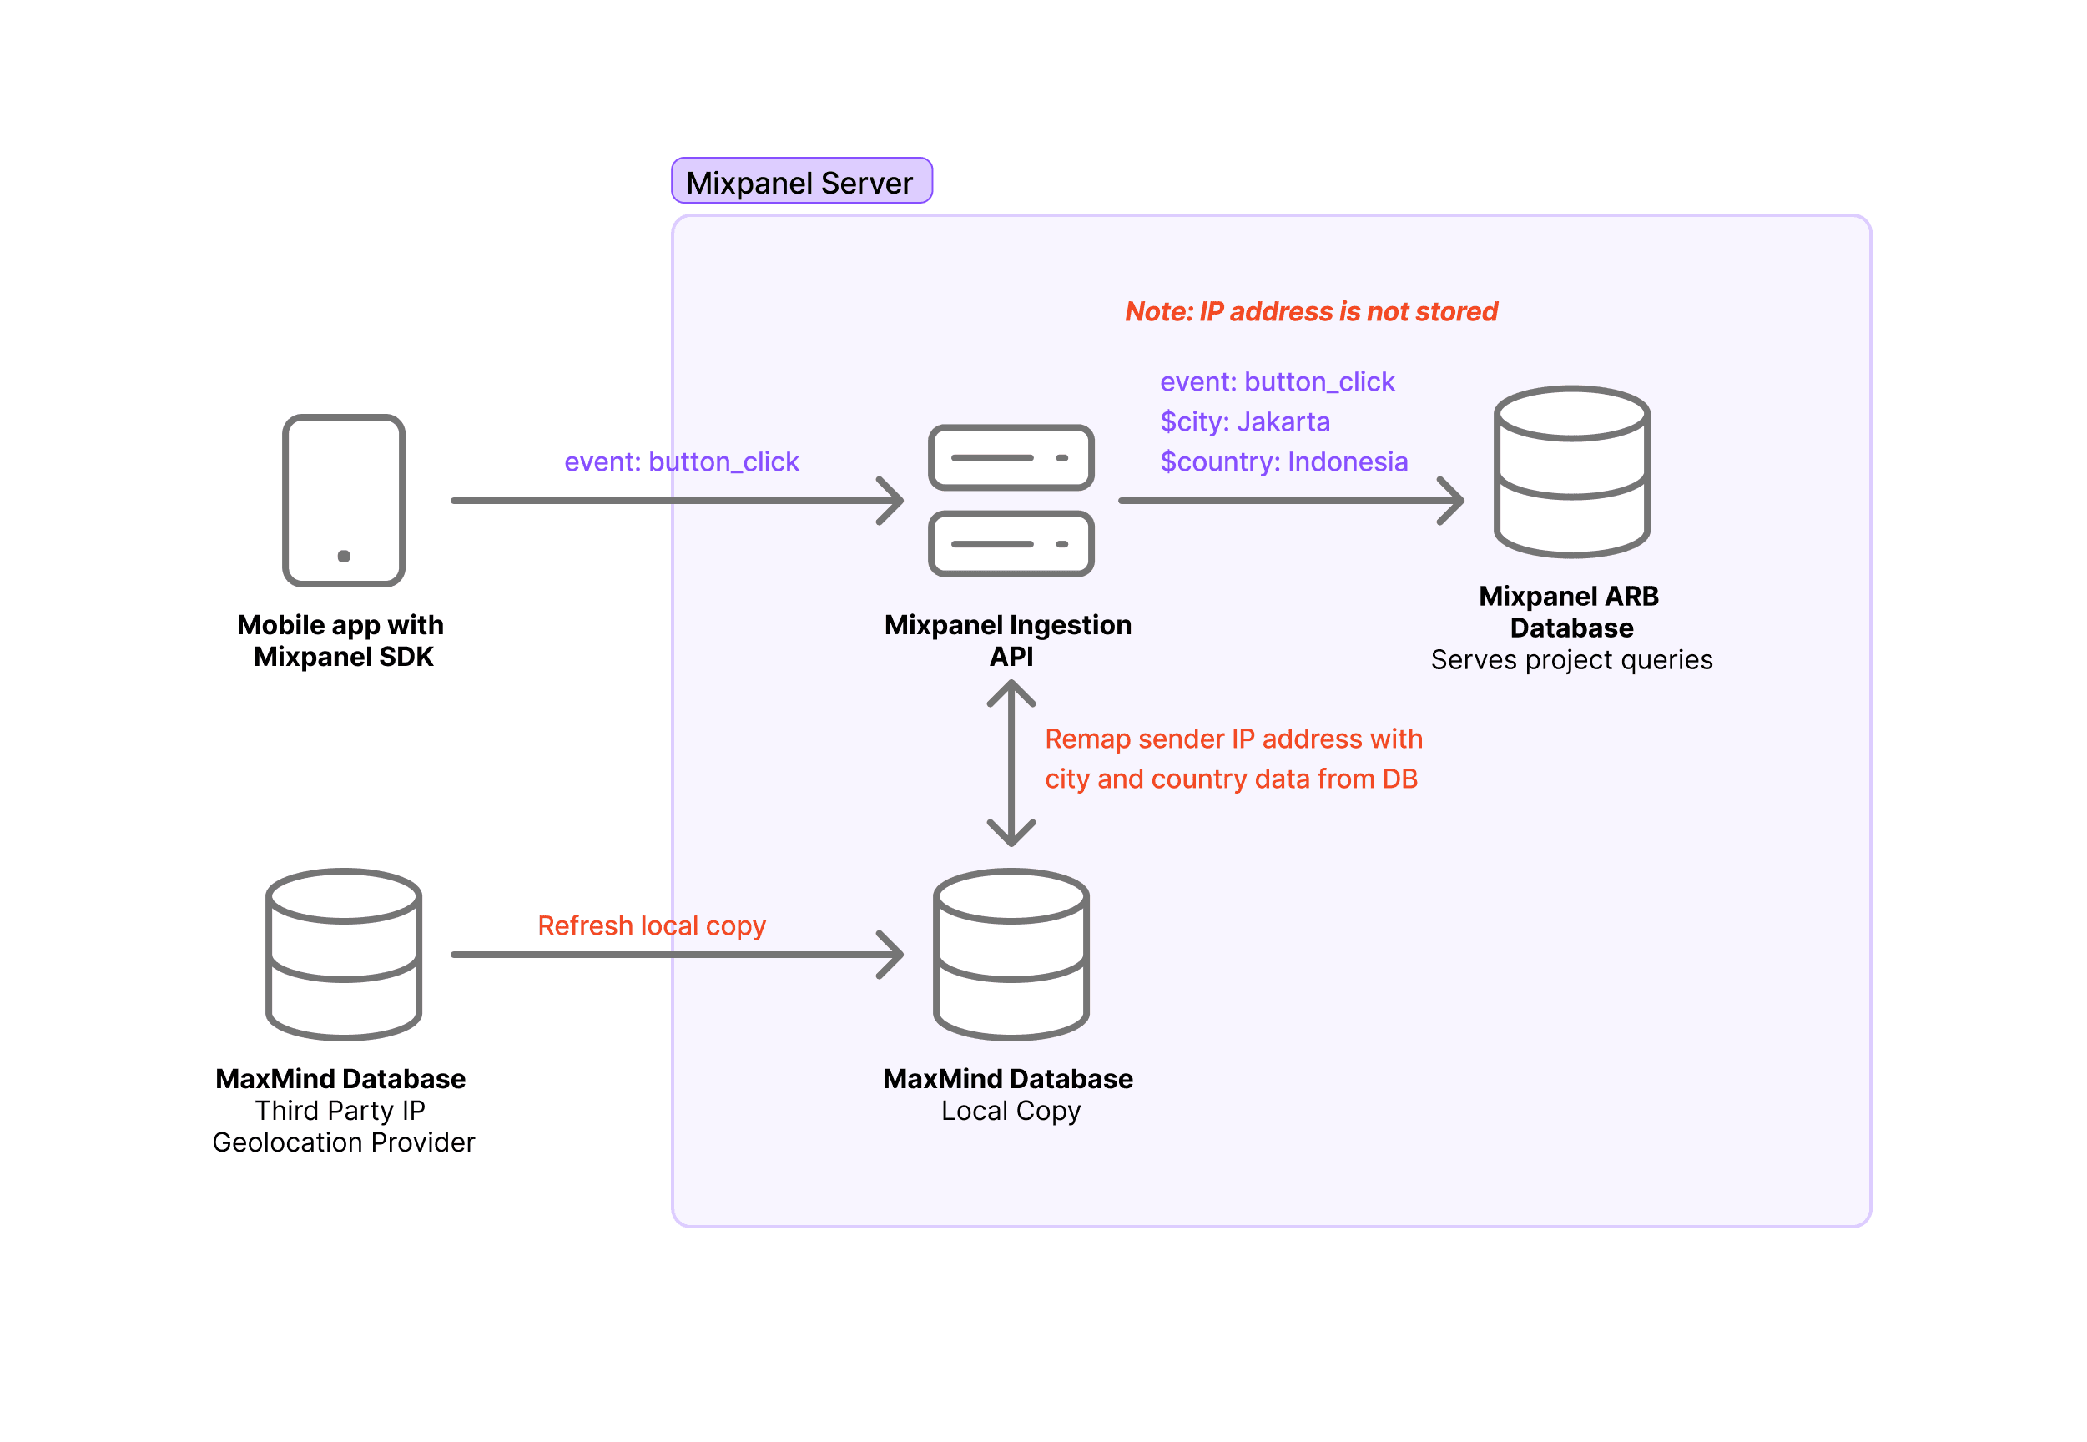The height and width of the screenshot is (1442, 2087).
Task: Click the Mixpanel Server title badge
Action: point(800,181)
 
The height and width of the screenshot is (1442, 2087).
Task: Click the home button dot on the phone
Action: point(343,556)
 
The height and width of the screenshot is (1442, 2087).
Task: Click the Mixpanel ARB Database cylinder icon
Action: point(1571,471)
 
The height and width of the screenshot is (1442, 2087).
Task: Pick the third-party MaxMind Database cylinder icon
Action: point(343,953)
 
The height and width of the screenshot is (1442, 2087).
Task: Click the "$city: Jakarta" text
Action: point(1244,422)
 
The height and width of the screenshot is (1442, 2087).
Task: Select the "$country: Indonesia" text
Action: point(1283,461)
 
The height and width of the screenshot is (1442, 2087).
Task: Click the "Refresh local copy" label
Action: point(652,925)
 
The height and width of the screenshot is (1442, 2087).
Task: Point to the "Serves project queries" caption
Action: point(1571,659)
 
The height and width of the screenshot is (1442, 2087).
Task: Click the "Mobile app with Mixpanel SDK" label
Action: point(341,641)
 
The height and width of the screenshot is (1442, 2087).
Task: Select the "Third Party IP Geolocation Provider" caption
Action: point(343,1127)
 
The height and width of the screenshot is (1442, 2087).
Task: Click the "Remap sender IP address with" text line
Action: point(1233,739)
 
